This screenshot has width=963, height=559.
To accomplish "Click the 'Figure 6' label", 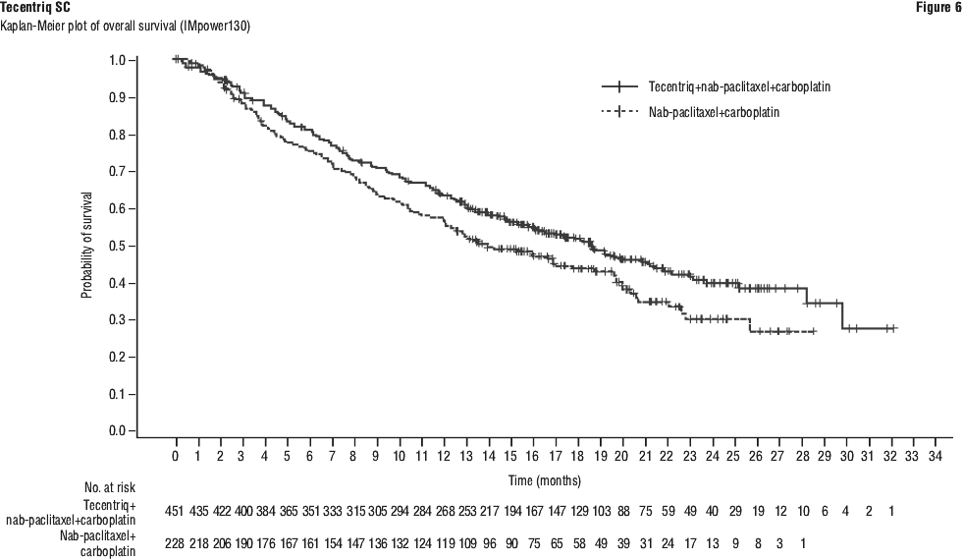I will point(941,8).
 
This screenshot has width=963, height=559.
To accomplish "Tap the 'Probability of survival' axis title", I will point(86,245).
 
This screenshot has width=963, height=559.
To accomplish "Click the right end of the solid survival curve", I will point(895,328).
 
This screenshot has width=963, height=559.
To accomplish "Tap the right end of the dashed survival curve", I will point(815,332).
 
